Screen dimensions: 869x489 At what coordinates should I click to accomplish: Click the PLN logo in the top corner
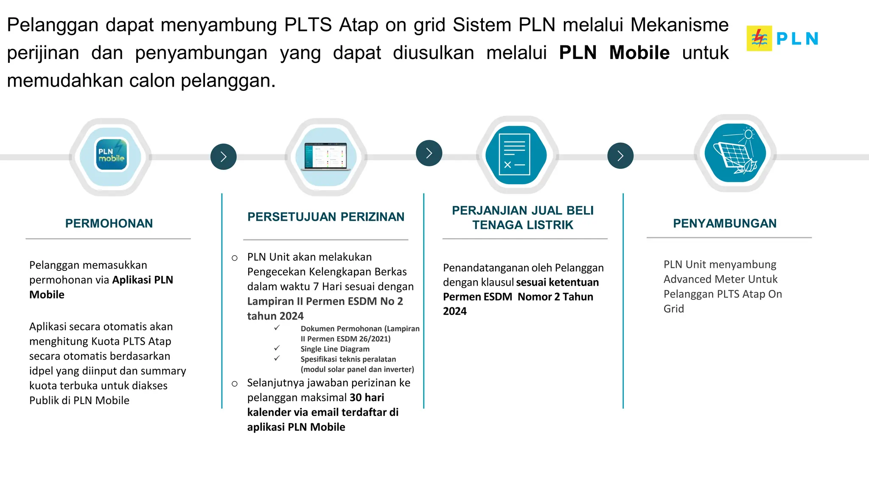(782, 39)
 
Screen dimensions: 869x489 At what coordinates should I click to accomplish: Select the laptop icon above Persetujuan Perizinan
(326, 156)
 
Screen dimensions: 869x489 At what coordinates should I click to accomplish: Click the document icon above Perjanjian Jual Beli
(515, 155)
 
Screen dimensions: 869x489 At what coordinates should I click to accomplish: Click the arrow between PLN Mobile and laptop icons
(224, 157)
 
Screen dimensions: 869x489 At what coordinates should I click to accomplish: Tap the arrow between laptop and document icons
(429, 153)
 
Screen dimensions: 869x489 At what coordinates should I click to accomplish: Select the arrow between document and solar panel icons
(620, 156)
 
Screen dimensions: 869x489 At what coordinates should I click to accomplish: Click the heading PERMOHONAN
(109, 224)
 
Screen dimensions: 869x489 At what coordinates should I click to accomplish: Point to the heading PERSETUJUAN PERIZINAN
(326, 217)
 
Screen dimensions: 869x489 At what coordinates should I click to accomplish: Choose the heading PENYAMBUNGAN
(725, 224)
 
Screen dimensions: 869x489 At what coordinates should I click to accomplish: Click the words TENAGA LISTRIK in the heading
(523, 225)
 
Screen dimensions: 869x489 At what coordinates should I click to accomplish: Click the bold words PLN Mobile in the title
(614, 53)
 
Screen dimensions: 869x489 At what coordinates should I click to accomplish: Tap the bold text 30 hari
(367, 398)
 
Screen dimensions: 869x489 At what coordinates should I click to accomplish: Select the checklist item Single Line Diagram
(335, 349)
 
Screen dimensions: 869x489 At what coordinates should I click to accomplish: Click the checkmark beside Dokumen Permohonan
(277, 328)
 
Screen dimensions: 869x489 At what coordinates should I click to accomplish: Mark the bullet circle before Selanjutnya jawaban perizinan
(235, 384)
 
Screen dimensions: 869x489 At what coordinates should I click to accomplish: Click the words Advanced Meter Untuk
(720, 279)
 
